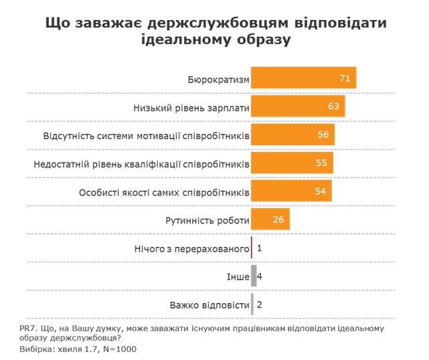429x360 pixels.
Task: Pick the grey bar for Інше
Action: (x=252, y=276)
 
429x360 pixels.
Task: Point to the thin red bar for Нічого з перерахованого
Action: (x=251, y=248)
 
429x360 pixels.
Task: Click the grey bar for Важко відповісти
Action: (x=252, y=304)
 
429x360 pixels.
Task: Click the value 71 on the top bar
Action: (x=345, y=79)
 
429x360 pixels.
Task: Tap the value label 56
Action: (x=324, y=135)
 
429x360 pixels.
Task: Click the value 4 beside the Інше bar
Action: (x=259, y=276)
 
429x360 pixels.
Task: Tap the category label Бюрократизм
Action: (x=219, y=80)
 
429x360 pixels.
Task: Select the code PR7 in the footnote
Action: (x=27, y=328)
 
